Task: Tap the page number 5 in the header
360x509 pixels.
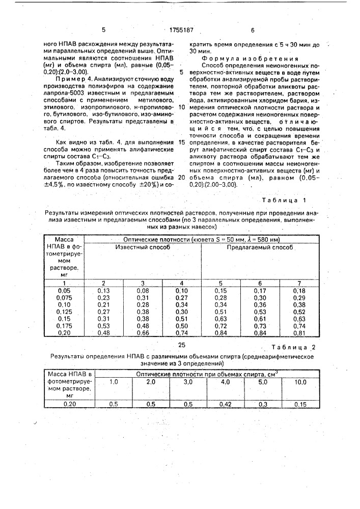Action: [x=104, y=31]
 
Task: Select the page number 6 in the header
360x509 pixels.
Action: [x=253, y=31]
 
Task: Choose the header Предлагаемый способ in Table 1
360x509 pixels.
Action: [x=260, y=247]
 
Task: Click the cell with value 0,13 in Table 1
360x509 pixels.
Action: [x=104, y=290]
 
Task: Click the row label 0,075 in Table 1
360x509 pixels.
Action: [x=64, y=297]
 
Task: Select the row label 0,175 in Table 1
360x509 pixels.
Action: [x=64, y=326]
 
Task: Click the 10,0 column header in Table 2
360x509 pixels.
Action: [x=300, y=382]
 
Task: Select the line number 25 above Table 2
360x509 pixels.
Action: [x=182, y=345]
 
